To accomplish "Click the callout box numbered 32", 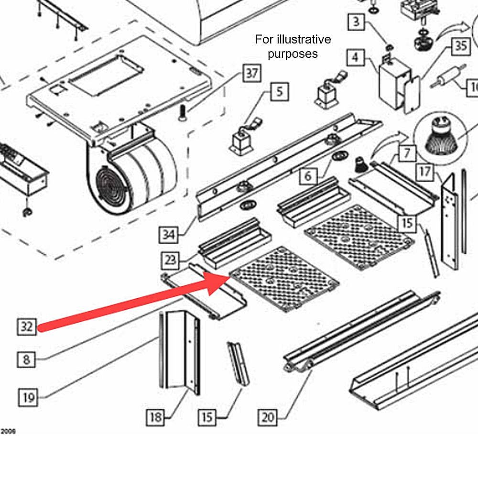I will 27,327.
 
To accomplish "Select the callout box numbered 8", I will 27,359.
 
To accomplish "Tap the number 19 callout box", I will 29,397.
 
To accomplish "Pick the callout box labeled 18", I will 156,417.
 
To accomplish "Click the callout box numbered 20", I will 268,417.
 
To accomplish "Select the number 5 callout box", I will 280,91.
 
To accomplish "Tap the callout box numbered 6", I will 308,176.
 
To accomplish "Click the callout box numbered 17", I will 425,171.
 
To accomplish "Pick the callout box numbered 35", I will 460,46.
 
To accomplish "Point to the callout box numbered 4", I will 355,58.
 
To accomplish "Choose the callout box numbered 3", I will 357,22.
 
